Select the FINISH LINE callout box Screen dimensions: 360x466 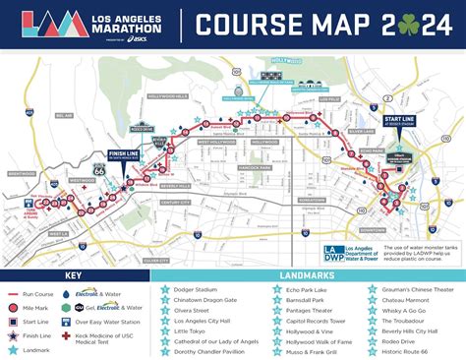point(122,155)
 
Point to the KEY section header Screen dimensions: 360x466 point(74,276)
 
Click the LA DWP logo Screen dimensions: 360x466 point(335,253)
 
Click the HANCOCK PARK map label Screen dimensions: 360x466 point(255,167)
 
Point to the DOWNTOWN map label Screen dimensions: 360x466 point(371,228)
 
